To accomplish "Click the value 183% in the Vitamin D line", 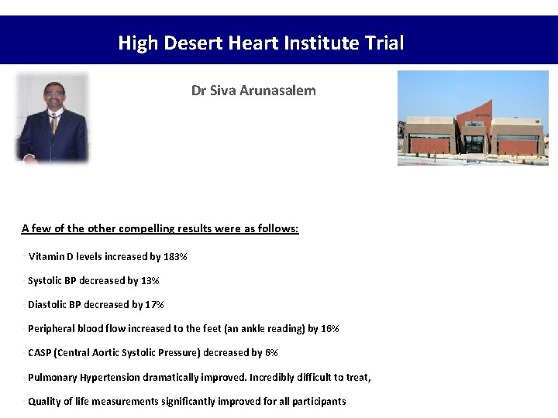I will (x=175, y=256).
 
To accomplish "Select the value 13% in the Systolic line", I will (x=150, y=280).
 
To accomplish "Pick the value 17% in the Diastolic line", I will (x=154, y=304).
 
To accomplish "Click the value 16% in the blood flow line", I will (x=330, y=328).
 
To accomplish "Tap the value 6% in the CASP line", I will (x=271, y=352).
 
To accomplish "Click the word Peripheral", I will (x=52, y=328).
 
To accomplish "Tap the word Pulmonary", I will (x=52, y=377).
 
